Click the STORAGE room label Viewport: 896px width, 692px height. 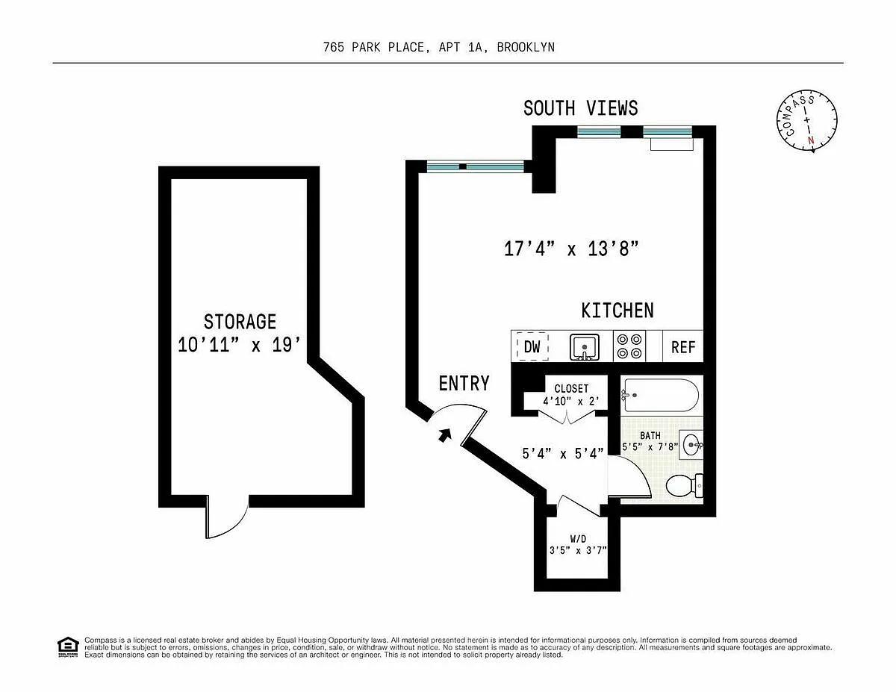tap(240, 322)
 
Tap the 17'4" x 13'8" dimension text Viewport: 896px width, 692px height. tap(571, 249)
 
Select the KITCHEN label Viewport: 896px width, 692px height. tap(617, 311)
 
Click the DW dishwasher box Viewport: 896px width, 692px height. tap(532, 346)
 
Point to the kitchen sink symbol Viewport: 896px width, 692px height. tap(585, 347)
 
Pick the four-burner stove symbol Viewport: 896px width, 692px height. tap(629, 346)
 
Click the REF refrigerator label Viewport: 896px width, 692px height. tap(683, 347)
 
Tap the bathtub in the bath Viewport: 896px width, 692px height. tap(660, 395)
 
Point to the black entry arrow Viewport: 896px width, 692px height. tap(445, 434)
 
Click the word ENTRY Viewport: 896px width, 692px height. tap(464, 383)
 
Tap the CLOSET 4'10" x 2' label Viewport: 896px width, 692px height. tap(571, 395)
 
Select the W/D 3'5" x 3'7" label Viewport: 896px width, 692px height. tap(578, 544)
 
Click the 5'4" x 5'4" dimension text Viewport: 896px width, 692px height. tap(563, 454)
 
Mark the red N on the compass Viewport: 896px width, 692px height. tap(811, 140)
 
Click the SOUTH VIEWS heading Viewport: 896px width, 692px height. tap(581, 108)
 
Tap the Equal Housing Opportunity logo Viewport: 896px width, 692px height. tap(68, 647)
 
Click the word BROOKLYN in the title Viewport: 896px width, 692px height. tap(526, 47)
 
